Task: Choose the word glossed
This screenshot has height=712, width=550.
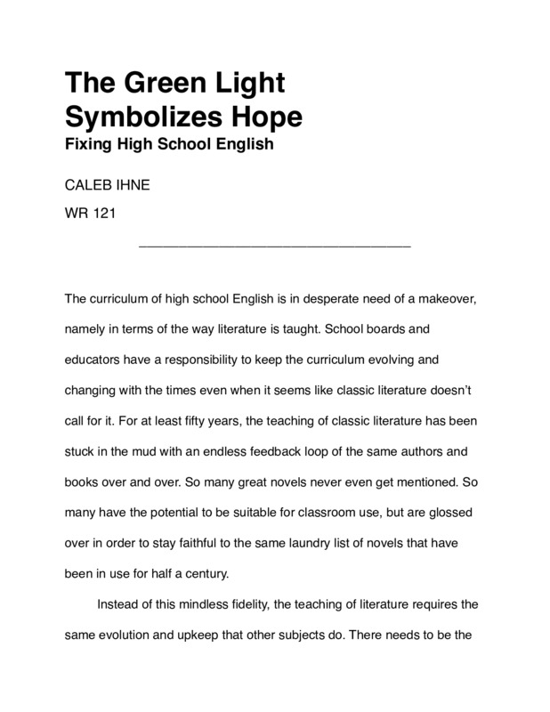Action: [453, 514]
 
